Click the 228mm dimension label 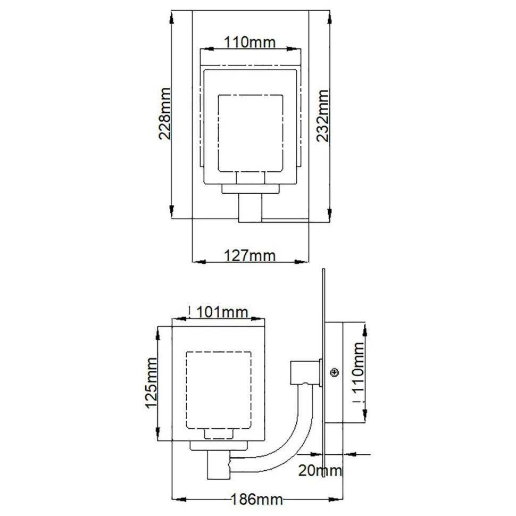pyautogui.click(x=164, y=113)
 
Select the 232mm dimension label pyautogui.click(x=322, y=115)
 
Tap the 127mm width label pyautogui.click(x=249, y=256)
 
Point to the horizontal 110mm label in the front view pyautogui.click(x=249, y=43)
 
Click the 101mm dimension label pyautogui.click(x=222, y=312)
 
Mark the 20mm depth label pyautogui.click(x=320, y=470)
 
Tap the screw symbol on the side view pyautogui.click(x=335, y=373)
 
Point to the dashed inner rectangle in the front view pyautogui.click(x=250, y=133)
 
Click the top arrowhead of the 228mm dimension pyautogui.click(x=171, y=16)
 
